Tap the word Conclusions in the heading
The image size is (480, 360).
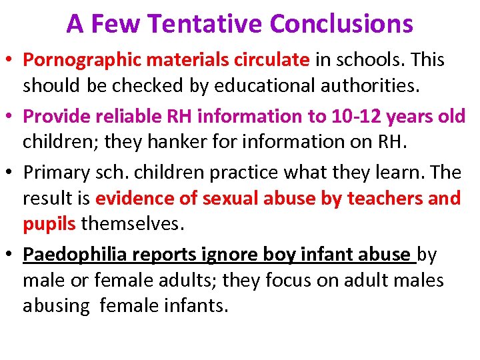(341, 25)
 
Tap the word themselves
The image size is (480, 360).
(131, 224)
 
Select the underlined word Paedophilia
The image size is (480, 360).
(75, 254)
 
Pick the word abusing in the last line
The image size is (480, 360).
(56, 305)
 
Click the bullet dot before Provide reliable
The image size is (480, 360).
(13, 117)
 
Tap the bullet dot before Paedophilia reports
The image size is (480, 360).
(13, 255)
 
